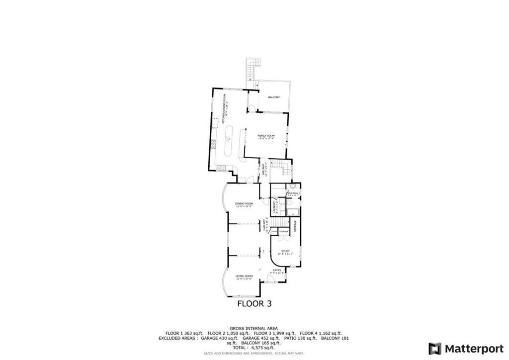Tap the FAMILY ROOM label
(x=266, y=136)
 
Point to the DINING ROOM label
(x=244, y=203)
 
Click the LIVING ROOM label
(x=244, y=276)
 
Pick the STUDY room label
(x=285, y=251)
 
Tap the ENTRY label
(x=277, y=270)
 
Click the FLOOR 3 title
(x=254, y=303)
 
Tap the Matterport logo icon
(x=435, y=348)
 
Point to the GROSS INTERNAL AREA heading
(x=254, y=329)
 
